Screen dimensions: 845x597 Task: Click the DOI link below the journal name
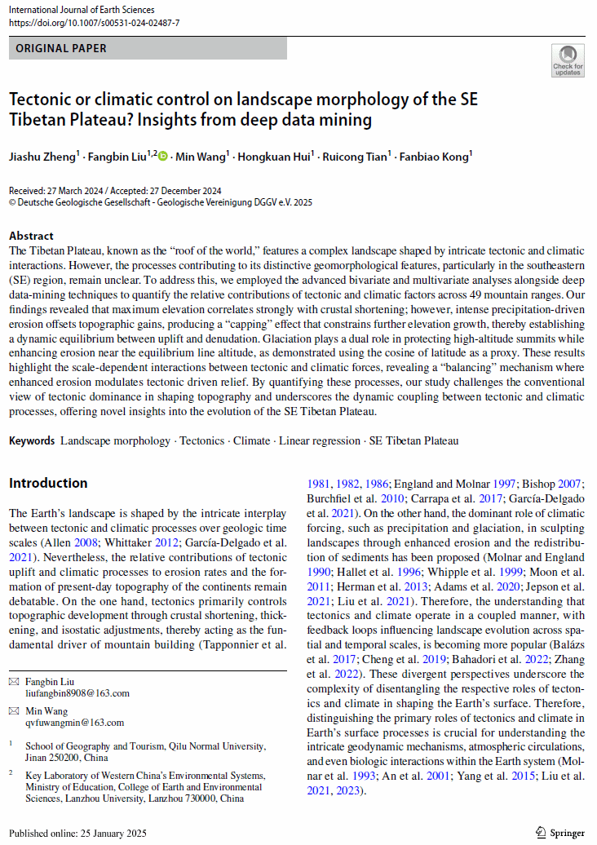point(94,23)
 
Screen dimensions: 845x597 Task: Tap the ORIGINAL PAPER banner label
point(62,49)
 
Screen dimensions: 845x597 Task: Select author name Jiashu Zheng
point(42,156)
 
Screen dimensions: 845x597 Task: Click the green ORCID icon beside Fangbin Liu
point(162,156)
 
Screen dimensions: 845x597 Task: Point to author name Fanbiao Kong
point(434,156)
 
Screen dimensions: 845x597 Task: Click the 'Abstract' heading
point(31,236)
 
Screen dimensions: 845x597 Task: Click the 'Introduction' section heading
point(48,483)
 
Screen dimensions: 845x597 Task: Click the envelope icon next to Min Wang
point(14,710)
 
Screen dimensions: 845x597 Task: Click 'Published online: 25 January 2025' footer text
point(77,833)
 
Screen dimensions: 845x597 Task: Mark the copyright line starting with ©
point(161,201)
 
